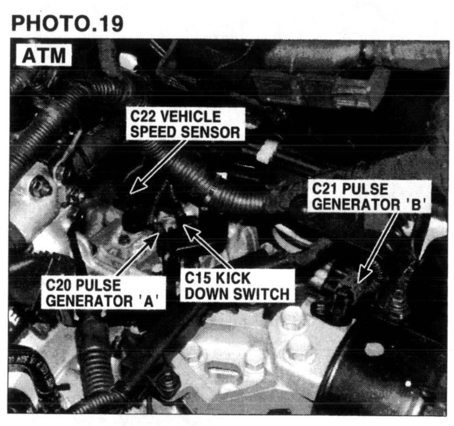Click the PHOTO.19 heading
pyautogui.click(x=67, y=23)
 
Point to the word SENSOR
pyautogui.click(x=211, y=132)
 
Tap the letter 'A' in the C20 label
pyautogui.click(x=147, y=300)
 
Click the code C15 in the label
pyautogui.click(x=197, y=278)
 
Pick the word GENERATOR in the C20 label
pyautogui.click(x=89, y=300)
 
